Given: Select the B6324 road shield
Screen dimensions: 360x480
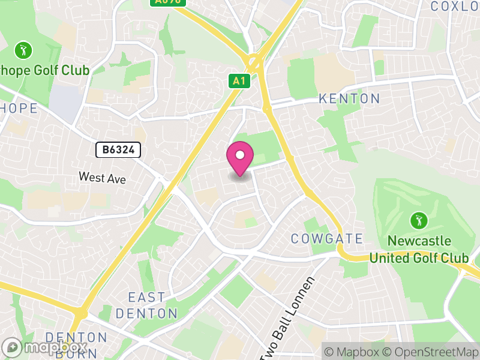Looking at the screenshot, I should coord(118,150).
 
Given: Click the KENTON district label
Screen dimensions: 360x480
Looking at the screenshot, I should coord(349,98).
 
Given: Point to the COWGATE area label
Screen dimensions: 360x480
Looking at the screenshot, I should coord(327,239).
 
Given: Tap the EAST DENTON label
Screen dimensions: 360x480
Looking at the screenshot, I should coord(147,305).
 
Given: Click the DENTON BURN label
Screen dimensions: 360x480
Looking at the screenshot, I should coord(76,344).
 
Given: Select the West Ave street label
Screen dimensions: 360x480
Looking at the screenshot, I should coord(103,178).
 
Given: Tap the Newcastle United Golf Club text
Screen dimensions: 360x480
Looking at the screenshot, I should coord(419,250).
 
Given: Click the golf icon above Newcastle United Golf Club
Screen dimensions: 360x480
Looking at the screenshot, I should coord(418,220).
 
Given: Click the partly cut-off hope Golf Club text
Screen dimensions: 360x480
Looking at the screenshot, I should coord(44,71).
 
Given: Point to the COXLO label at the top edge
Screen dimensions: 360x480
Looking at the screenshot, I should coord(455,6).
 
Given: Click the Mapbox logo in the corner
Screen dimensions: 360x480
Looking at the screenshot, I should coord(45,347).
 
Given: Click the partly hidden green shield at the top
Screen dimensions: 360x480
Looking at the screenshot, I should coord(167,2).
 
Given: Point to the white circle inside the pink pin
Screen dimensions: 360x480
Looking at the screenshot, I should coord(240,155).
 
